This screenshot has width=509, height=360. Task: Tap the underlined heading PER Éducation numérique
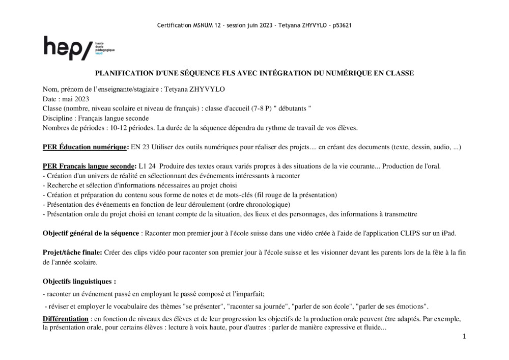pyautogui.click(x=85, y=147)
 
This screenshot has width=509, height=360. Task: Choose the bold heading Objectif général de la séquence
pyautogui.click(x=91, y=233)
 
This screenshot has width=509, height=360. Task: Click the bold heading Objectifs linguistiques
pyautogui.click(x=79, y=281)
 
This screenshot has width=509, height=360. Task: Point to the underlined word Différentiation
pyautogui.click(x=66, y=319)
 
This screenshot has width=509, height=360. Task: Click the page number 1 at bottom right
pyautogui.click(x=464, y=337)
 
